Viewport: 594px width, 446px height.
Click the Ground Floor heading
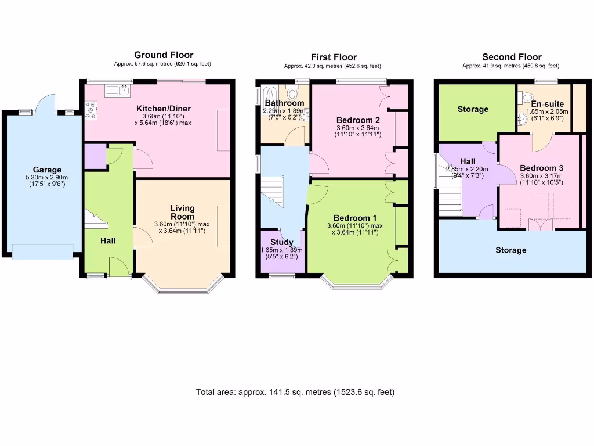[164, 55]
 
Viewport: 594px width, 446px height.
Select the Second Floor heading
[512, 57]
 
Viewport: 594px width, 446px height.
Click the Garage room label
[47, 170]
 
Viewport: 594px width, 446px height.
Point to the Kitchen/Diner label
[164, 109]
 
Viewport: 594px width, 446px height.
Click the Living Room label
[182, 213]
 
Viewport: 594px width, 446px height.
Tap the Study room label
[282, 242]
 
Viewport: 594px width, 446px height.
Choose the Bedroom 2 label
[358, 120]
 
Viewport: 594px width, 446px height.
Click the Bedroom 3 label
[541, 168]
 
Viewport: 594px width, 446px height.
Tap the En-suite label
[547, 104]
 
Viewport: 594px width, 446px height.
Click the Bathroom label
[284, 103]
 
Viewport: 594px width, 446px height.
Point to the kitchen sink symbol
[118, 90]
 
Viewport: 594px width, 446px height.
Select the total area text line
[295, 392]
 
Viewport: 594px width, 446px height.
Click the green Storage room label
[473, 109]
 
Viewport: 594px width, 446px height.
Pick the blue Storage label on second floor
[510, 250]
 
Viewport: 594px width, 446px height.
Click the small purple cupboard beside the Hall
[95, 156]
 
